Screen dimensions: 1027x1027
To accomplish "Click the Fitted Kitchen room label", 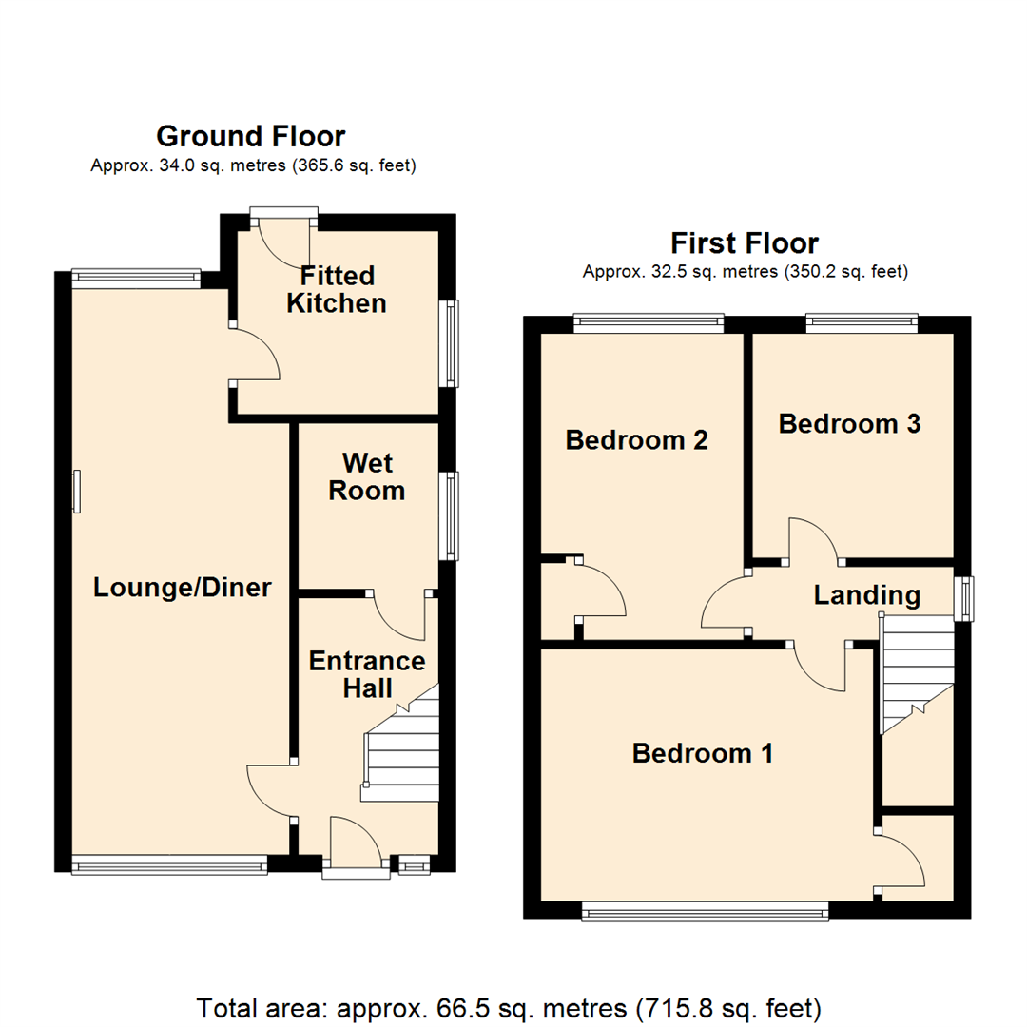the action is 337,289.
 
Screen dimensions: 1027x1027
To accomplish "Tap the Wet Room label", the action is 367,476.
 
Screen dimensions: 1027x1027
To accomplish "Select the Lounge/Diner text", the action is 182,588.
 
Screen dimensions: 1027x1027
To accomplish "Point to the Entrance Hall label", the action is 367,674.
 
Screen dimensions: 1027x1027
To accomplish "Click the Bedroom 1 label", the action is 702,753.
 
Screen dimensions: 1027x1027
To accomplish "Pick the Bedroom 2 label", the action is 636,440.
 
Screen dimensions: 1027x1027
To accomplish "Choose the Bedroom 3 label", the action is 849,424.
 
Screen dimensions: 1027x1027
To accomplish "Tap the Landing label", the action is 867,595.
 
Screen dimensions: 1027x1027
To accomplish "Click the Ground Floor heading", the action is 251,136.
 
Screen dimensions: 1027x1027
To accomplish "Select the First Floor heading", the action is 745,243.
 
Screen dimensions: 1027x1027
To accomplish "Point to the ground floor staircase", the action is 399,744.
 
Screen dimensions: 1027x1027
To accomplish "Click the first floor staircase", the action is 917,673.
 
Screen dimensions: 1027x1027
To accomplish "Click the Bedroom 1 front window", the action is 705,911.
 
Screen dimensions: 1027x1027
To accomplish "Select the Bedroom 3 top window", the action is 862,323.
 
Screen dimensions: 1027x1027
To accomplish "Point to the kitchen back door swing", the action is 284,245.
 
